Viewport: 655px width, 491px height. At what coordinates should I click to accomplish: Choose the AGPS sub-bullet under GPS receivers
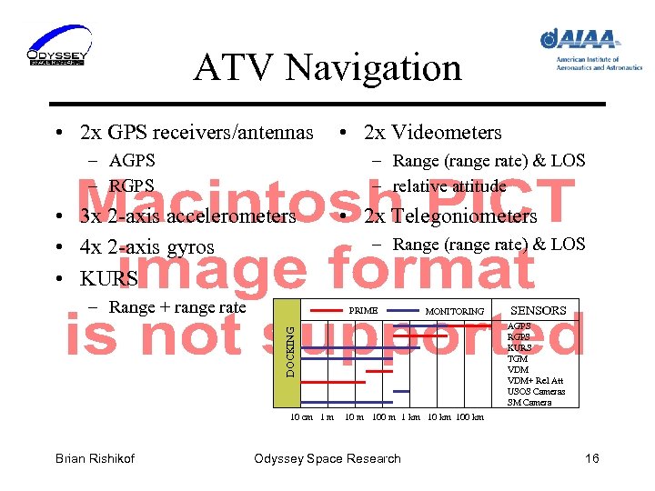tap(132, 161)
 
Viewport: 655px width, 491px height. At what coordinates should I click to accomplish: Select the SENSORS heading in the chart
tap(539, 310)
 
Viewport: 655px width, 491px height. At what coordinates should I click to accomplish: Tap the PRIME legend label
tap(363, 311)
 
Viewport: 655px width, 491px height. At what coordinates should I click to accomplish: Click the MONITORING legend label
tap(455, 311)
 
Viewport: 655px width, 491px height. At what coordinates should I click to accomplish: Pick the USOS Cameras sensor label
tap(536, 392)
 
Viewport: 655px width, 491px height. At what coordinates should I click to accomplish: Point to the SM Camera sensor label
tap(529, 402)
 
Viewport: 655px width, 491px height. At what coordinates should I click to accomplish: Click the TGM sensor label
tap(517, 359)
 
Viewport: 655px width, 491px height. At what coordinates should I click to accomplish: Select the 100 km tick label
tap(469, 417)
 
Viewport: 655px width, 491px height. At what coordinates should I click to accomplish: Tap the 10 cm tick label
tap(301, 417)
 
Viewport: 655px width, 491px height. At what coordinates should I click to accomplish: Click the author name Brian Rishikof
tap(95, 458)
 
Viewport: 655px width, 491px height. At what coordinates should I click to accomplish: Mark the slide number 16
tap(591, 458)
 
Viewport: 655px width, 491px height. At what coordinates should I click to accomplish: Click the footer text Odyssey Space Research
tap(327, 458)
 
